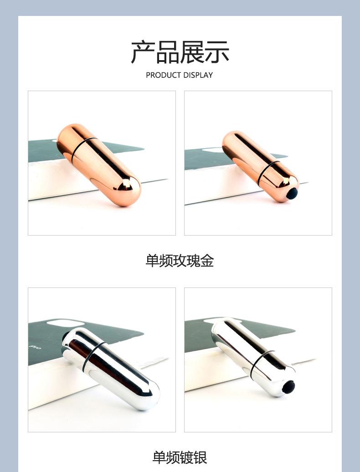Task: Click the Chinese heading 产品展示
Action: point(180,52)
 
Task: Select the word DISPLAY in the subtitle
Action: point(197,75)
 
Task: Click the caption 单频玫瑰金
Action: point(180,261)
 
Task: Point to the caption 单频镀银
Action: point(180,457)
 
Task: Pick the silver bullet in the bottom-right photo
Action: point(253,358)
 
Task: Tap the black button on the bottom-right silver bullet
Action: point(288,387)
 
